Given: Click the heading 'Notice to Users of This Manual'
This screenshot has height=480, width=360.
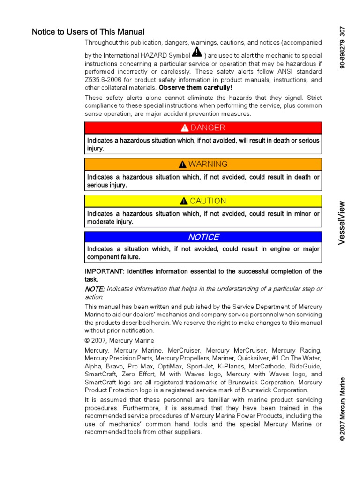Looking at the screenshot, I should pyautogui.click(x=88, y=32).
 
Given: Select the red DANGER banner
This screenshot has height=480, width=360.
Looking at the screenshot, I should pyautogui.click(x=203, y=128).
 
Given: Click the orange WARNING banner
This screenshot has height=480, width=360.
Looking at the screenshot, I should pyautogui.click(x=203, y=164).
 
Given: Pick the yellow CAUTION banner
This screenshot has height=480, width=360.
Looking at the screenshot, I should pyautogui.click(x=203, y=201).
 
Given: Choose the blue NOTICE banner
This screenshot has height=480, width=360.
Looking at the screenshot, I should pyautogui.click(x=203, y=237).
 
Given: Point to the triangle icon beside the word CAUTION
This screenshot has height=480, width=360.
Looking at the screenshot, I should pyautogui.click(x=184, y=201).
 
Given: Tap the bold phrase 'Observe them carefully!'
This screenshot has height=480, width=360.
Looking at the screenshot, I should pyautogui.click(x=195, y=88).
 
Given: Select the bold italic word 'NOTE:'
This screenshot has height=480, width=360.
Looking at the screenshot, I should pyautogui.click(x=95, y=289).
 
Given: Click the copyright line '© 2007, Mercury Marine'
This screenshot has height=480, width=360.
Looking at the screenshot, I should pyautogui.click(x=119, y=341).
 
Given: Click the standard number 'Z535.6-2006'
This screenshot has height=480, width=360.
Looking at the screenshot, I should pyautogui.click(x=105, y=80).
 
